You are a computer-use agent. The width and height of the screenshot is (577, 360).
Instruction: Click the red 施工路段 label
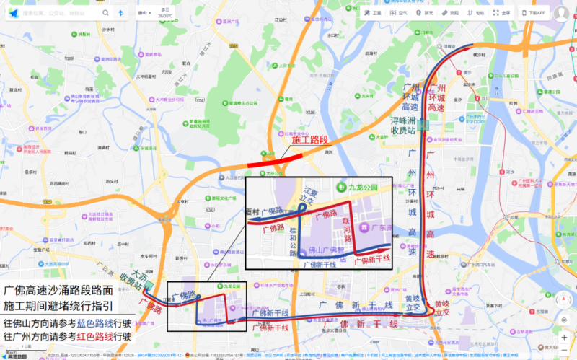(x=309, y=139)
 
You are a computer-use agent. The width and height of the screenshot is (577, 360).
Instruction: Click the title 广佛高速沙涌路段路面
(x=58, y=290)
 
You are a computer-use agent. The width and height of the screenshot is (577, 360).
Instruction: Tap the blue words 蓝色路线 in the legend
(x=92, y=322)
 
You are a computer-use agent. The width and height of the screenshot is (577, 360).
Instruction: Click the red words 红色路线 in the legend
(x=92, y=335)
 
